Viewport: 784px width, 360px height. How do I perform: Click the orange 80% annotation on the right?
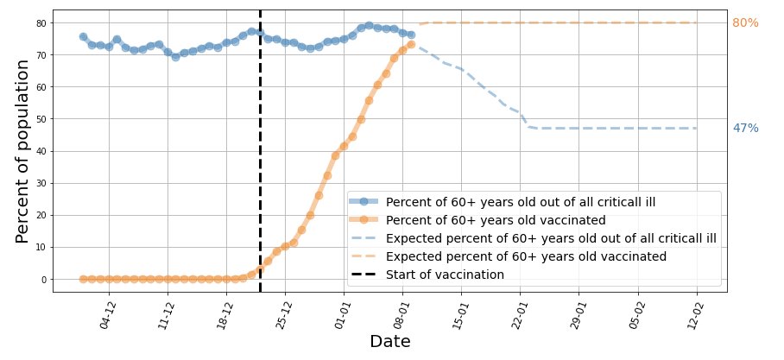coord(745,23)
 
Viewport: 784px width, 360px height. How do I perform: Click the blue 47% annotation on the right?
coord(745,129)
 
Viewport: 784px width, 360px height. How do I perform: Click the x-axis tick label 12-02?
coord(692,315)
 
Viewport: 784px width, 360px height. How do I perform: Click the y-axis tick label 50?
coord(41,119)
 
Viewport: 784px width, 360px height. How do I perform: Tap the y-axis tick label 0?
coord(43,280)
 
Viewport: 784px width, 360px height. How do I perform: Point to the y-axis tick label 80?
coord(41,23)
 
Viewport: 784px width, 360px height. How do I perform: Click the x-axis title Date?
coord(389,342)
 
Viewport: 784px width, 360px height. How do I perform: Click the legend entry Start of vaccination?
coord(445,275)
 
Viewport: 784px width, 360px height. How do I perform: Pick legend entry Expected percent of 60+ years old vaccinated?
coord(526,256)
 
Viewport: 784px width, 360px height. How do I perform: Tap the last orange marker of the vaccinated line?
coord(411,44)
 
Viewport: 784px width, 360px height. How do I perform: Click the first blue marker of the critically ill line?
coord(83,37)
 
